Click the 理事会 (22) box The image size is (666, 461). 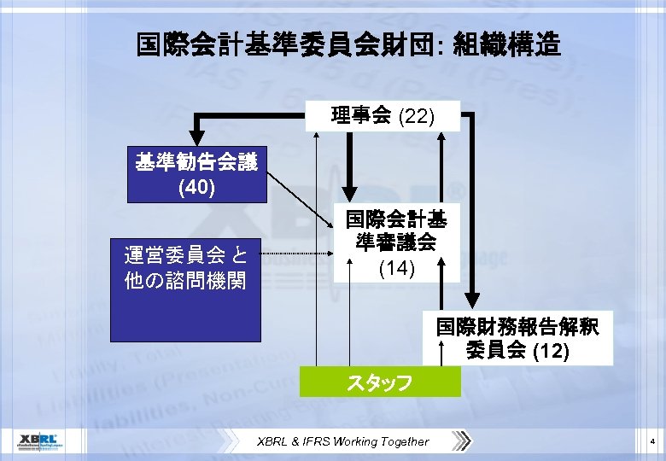[x=383, y=115]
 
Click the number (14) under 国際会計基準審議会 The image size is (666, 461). [x=395, y=268]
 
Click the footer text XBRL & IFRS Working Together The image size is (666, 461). [x=343, y=441]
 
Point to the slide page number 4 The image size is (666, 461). [x=651, y=441]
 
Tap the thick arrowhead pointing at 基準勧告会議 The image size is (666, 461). [x=197, y=138]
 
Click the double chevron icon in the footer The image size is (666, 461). [x=462, y=441]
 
